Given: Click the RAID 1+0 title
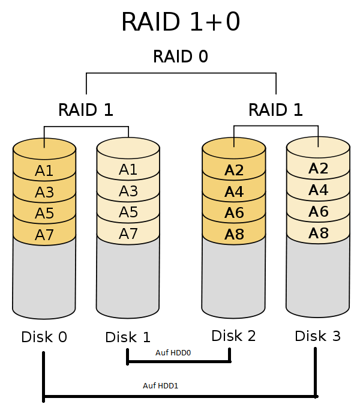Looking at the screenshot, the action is pos(181,22).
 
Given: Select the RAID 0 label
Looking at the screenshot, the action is pos(181,56).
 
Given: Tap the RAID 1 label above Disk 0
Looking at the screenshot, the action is pos(86,110).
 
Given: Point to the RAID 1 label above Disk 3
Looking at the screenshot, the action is pos(275,110).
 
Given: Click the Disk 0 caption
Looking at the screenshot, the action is pos(44,337).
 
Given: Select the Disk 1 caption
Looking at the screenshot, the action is pos(128,337).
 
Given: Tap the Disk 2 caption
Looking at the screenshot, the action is pos(233,336).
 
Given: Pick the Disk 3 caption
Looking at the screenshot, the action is pos(318,336).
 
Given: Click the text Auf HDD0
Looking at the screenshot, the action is pos(173,353).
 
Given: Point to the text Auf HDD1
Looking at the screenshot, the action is pos(160,386).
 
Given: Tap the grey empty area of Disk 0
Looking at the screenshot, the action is pos(44,278).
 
